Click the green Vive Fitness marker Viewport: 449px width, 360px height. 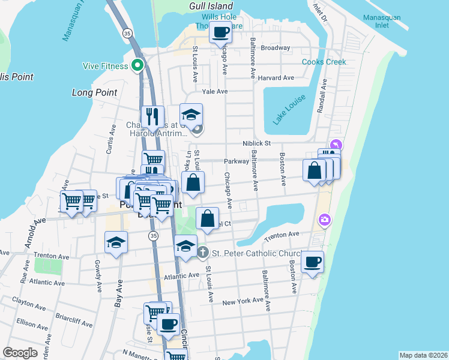[138, 66]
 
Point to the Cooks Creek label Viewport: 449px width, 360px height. [324, 62]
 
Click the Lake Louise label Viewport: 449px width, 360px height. [289, 109]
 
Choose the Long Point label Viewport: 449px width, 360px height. [94, 92]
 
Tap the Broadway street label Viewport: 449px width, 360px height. [276, 47]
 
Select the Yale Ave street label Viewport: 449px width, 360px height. [215, 91]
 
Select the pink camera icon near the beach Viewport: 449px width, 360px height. [325, 220]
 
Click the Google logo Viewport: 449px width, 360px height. [20, 353]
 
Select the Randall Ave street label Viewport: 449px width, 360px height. [324, 98]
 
